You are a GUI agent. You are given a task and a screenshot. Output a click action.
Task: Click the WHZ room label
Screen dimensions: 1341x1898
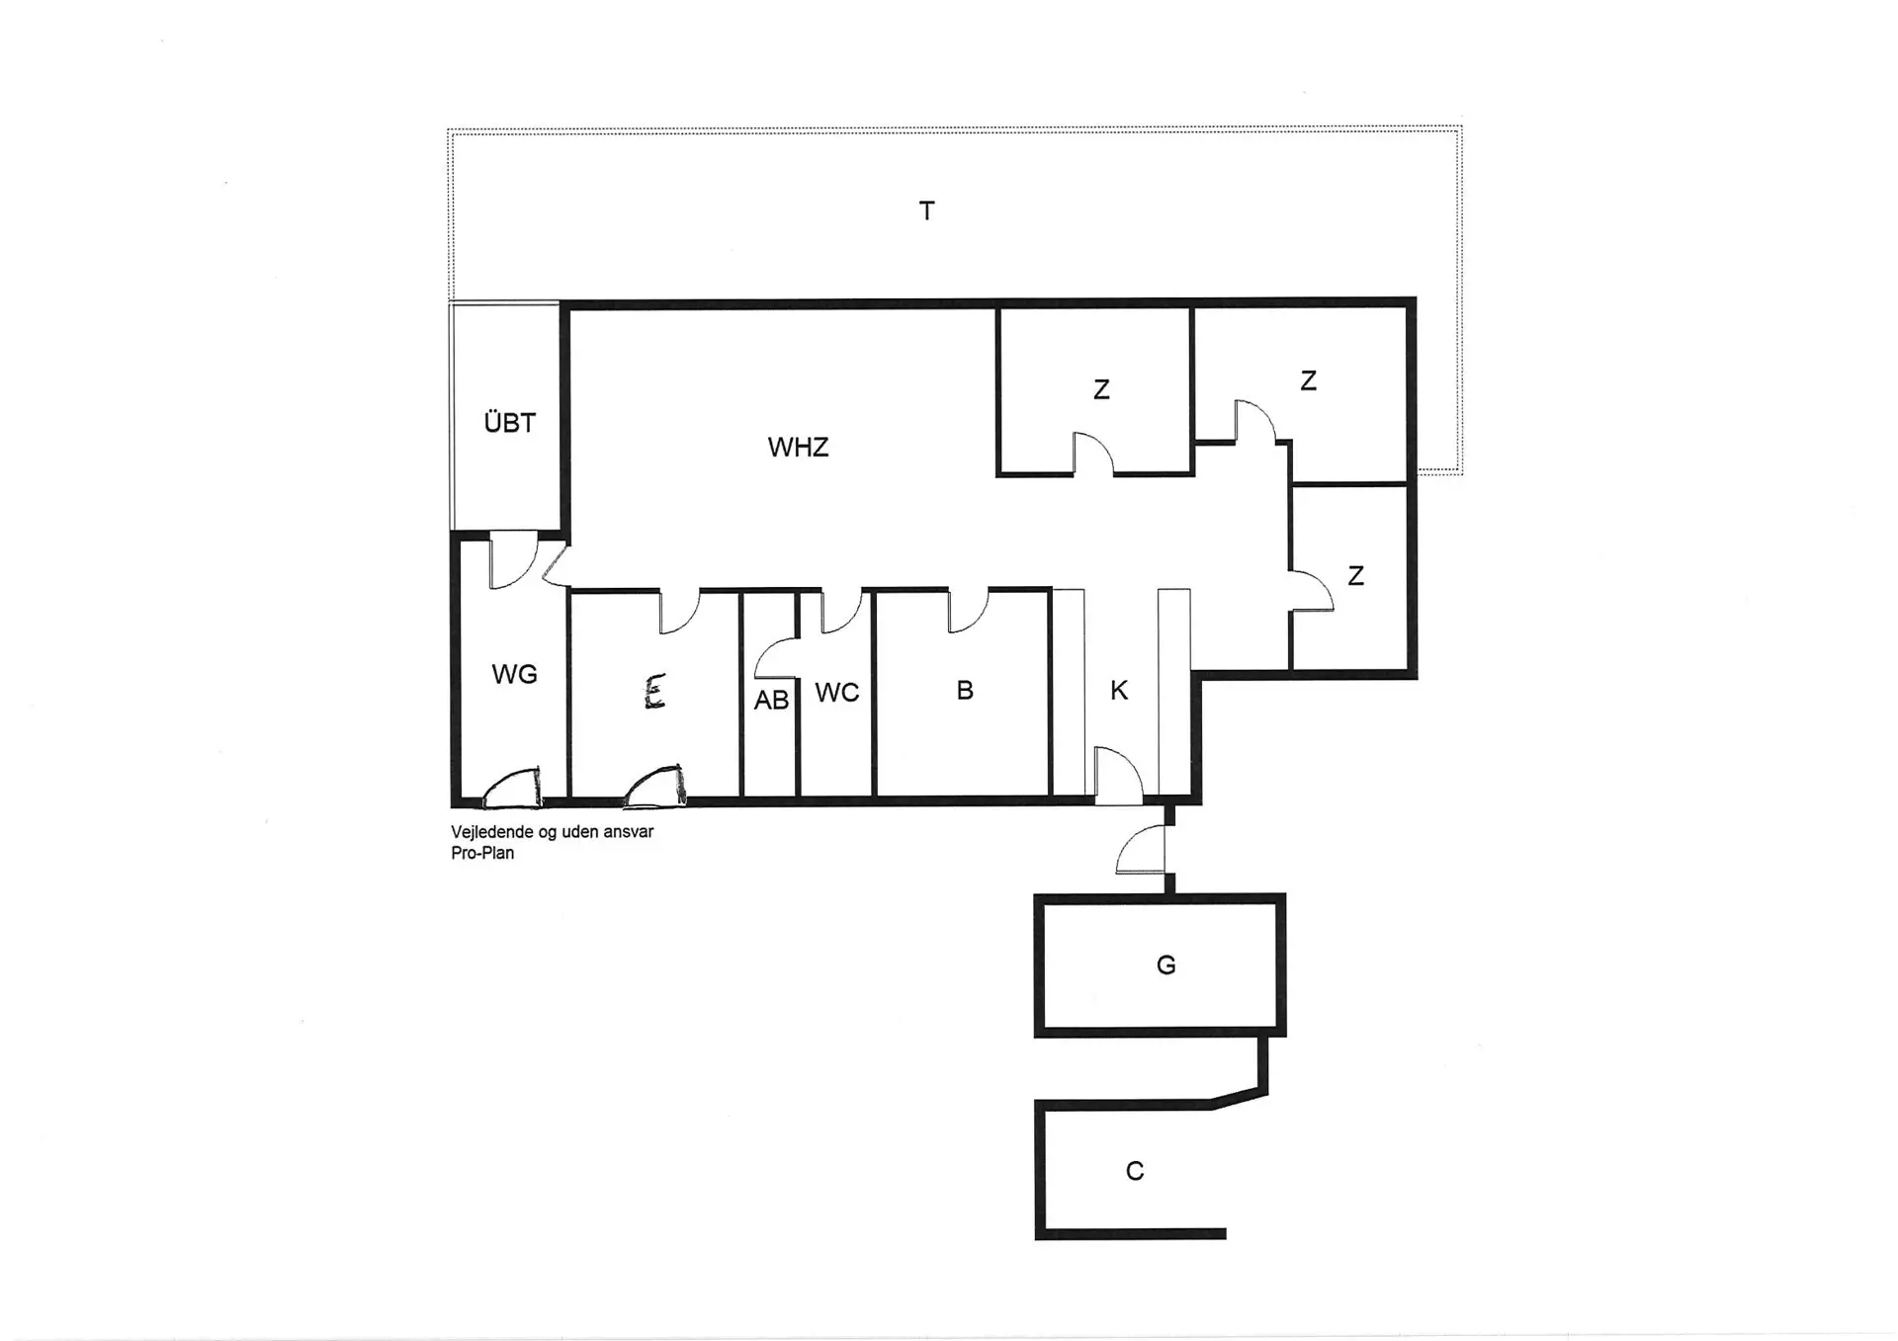click(798, 448)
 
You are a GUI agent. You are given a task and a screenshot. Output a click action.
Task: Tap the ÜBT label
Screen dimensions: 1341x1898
click(509, 423)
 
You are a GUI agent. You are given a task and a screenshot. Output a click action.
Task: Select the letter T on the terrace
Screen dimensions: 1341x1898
click(926, 210)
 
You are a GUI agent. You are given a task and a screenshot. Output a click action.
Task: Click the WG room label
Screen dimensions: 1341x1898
click(514, 675)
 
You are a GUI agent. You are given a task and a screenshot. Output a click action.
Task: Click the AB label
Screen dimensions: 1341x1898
click(771, 701)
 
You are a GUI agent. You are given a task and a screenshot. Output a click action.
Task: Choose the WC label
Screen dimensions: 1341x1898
click(836, 693)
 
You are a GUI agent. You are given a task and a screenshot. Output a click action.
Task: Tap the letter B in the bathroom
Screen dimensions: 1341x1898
click(965, 691)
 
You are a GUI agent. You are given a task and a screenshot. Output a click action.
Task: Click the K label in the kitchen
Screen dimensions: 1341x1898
click(1119, 691)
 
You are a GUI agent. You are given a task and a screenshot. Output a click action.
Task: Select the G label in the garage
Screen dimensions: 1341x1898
click(1165, 965)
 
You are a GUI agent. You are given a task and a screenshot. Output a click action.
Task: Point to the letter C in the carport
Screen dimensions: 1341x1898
click(1135, 1171)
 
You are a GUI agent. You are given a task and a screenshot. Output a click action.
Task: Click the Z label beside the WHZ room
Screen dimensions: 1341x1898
click(1101, 390)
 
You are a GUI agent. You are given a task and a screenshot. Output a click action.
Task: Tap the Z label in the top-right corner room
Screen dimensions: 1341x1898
click(1308, 381)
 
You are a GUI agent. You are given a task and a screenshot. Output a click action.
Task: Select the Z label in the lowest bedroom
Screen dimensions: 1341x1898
click(1355, 576)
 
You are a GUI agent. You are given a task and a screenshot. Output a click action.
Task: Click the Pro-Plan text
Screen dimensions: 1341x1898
click(482, 854)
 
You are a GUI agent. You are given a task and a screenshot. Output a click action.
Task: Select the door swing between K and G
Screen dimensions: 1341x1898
click(1141, 851)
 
